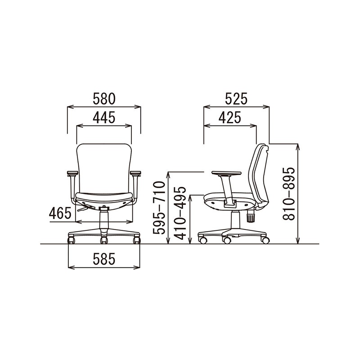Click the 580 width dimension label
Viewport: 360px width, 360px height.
(x=104, y=99)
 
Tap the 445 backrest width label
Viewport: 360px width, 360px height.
(x=104, y=117)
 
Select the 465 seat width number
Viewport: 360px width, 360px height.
(x=60, y=213)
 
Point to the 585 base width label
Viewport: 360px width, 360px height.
(x=104, y=259)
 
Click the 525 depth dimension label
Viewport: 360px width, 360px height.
(x=236, y=99)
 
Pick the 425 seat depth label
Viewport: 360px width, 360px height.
(x=230, y=117)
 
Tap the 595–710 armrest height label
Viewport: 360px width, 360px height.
(x=159, y=208)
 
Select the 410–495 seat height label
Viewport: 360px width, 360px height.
(x=180, y=213)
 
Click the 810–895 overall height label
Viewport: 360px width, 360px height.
(x=288, y=194)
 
